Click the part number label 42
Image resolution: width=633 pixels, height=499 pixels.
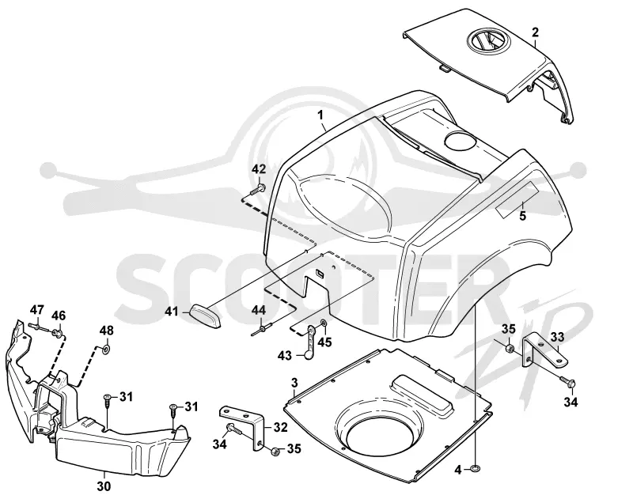coord(259,169)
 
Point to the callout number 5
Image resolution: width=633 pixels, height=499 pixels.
coord(523,216)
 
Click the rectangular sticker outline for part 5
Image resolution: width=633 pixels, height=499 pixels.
coord(517,201)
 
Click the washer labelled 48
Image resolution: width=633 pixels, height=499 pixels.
coord(106,348)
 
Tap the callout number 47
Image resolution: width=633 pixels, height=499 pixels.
coord(36,311)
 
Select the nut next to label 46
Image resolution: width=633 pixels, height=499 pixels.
coord(57,333)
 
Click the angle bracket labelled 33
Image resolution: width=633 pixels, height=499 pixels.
coord(541,352)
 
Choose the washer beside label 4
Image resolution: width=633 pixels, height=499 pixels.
coord(476,468)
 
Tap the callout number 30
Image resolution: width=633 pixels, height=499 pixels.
coord(104,487)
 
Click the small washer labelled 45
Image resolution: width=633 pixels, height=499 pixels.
coord(324,323)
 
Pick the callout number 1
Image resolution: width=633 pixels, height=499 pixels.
coord(320,115)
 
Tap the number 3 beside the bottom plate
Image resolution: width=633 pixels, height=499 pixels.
coord(294,383)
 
